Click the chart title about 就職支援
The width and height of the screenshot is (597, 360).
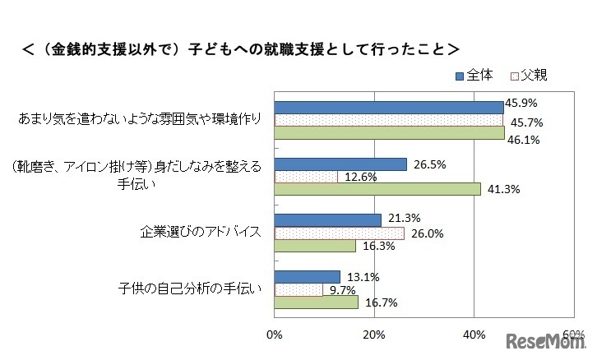pyautogui.click(x=239, y=48)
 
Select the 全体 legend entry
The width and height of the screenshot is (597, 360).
pyautogui.click(x=474, y=75)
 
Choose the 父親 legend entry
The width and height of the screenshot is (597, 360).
pyautogui.click(x=528, y=75)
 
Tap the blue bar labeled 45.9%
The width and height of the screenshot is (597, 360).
pyautogui.click(x=388, y=107)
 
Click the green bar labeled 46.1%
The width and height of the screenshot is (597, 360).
pyautogui.click(x=389, y=132)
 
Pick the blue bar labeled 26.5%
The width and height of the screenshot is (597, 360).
pyautogui.click(x=340, y=164)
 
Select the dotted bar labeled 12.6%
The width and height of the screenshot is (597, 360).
pyautogui.click(x=305, y=177)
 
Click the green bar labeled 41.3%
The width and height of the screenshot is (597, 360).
pyautogui.click(x=377, y=189)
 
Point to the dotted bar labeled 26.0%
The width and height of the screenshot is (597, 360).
pyautogui.click(x=339, y=233)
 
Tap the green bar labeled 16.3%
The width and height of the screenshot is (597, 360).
pyautogui.click(x=314, y=245)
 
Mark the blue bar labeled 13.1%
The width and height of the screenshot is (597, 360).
pyautogui.click(x=307, y=276)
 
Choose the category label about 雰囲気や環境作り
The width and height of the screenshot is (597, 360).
pyautogui.click(x=140, y=120)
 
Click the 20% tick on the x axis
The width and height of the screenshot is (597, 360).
pyautogui.click(x=374, y=335)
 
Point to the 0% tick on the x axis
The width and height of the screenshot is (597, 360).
pyautogui.click(x=275, y=335)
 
